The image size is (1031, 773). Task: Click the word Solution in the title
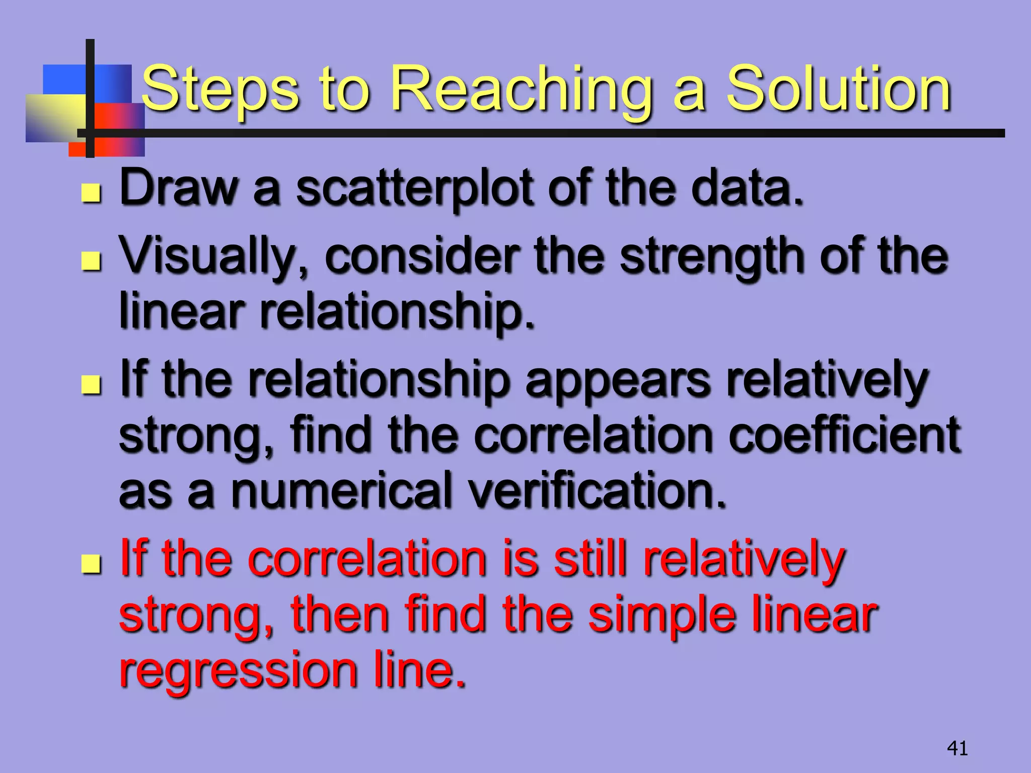coord(838,90)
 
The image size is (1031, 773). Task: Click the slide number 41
coord(957,748)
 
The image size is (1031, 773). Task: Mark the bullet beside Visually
coord(91,260)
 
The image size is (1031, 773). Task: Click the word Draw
coord(178,188)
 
